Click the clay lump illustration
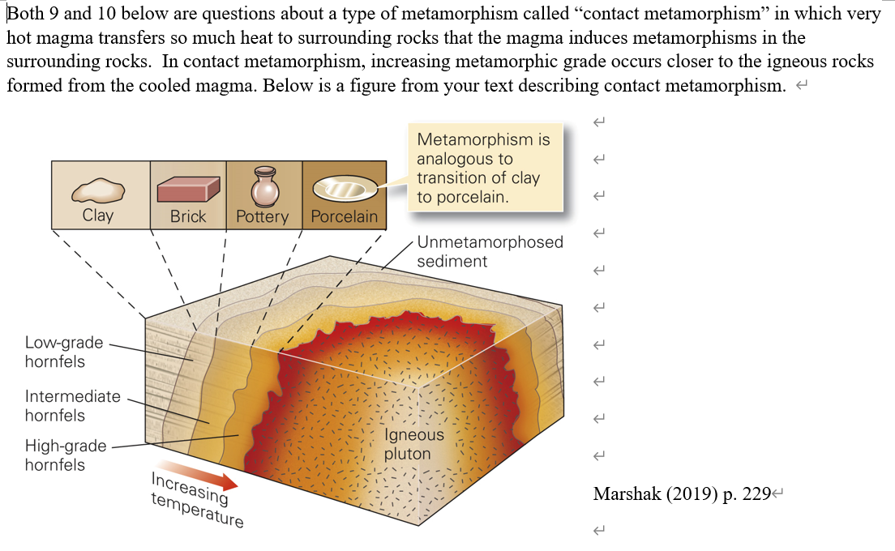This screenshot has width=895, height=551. pos(98,190)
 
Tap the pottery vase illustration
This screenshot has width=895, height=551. pos(263,186)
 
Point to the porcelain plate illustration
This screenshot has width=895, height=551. pos(345,188)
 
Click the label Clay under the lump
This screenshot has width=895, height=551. pos(98,216)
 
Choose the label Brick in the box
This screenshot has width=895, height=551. pos(188,216)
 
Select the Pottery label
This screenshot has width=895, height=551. pos(263,216)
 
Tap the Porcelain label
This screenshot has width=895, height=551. pos(345,216)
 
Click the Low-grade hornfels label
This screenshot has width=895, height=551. pos(64,352)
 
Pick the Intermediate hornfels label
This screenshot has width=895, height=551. pos(72,406)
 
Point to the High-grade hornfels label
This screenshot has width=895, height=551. pos(66,455)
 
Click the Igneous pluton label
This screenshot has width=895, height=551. pos(413,444)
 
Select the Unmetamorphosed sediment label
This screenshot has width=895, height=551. pos(490,251)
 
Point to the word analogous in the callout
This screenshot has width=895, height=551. pos(465,159)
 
